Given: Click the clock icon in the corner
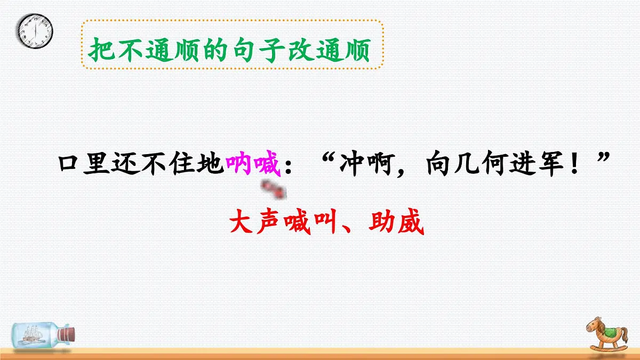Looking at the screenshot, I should point(36,30).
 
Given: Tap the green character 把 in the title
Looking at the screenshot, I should point(101,51).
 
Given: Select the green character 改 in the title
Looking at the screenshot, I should point(300,51).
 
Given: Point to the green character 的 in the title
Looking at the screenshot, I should point(215,51).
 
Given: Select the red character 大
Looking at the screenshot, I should point(242,223).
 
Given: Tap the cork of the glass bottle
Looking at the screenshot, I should point(67,334).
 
